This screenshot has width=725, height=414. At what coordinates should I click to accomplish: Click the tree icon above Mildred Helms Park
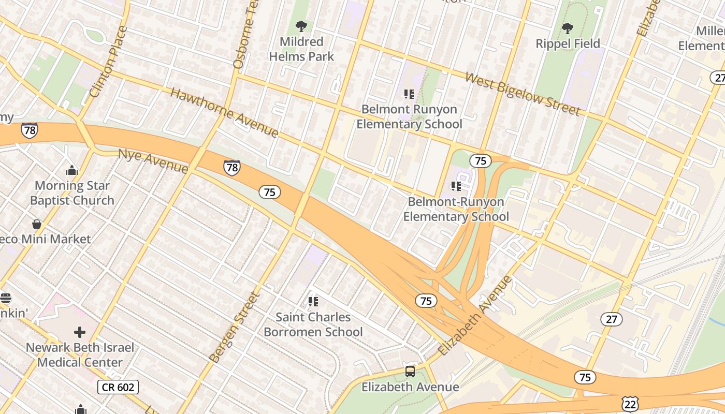point(301,26)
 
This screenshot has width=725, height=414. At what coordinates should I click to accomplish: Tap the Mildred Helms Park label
point(302,49)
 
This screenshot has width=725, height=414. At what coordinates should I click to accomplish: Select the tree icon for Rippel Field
point(568,28)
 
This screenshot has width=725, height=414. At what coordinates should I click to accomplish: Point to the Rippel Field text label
point(568,44)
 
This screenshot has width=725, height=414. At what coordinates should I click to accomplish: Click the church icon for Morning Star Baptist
point(72,170)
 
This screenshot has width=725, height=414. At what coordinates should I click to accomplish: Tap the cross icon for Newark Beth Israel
point(80,332)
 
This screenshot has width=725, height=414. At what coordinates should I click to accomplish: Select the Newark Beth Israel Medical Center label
point(80,355)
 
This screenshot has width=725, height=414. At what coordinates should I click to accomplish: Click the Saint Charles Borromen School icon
point(313,301)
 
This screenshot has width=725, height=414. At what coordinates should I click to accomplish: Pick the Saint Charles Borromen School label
point(313,324)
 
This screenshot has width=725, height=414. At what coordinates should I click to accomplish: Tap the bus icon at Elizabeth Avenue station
point(410,371)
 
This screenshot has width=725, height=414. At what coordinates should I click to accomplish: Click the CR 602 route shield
point(118,387)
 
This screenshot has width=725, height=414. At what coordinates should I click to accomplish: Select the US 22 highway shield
point(630,404)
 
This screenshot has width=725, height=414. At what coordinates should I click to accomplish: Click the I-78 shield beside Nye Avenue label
point(231,167)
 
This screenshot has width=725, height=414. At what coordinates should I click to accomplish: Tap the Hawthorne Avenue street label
point(224,112)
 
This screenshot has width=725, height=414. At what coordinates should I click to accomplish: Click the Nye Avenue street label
point(153,161)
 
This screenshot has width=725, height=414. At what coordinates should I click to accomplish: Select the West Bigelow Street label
point(523,94)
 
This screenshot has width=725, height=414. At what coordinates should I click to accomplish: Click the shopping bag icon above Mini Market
point(37,224)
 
